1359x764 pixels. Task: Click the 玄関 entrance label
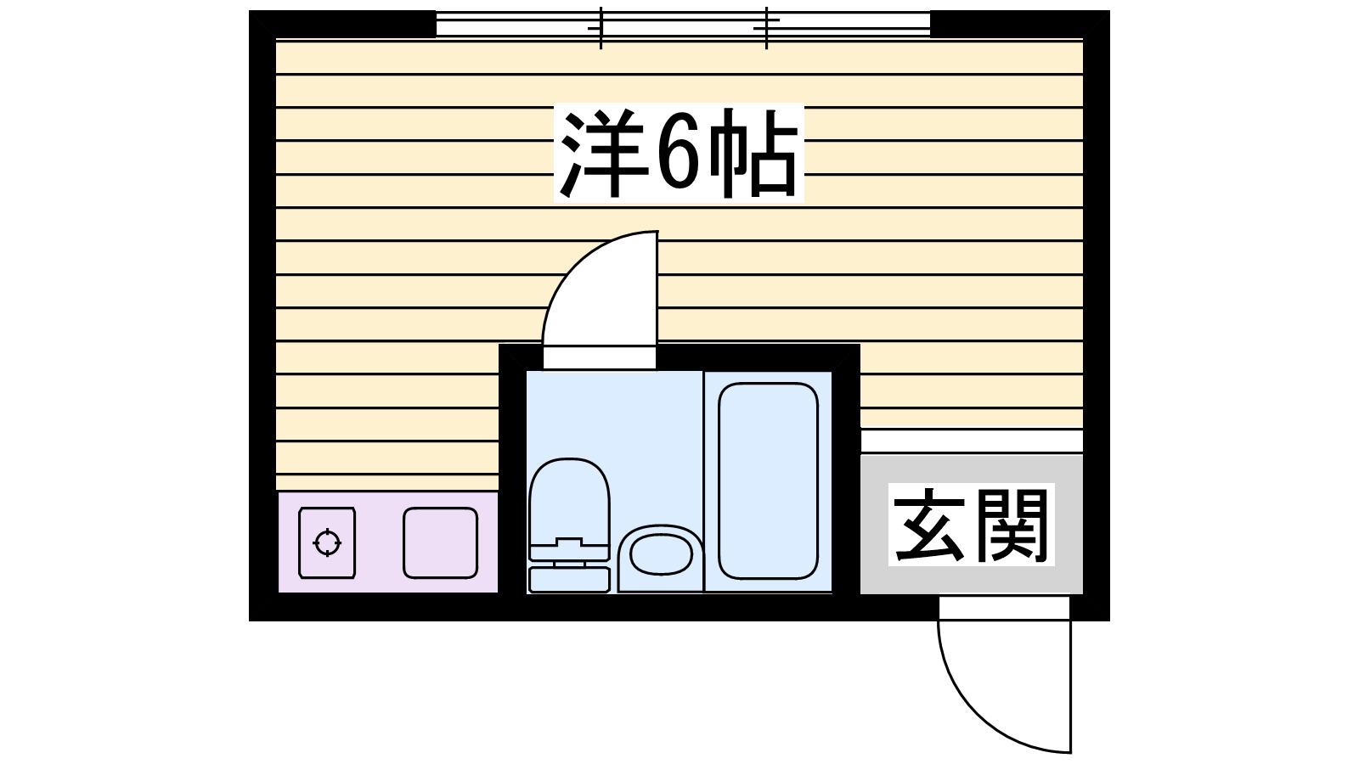pyautogui.click(x=971, y=524)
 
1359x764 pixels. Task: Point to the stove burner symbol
pyautogui.click(x=328, y=542)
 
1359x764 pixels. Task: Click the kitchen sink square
pyautogui.click(x=440, y=542)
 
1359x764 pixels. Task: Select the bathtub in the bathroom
pyautogui.click(x=768, y=480)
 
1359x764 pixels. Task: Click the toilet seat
pyautogui.click(x=569, y=501)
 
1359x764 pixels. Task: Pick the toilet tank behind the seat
pyautogui.click(x=569, y=579)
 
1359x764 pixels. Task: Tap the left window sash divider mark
pyautogui.click(x=601, y=27)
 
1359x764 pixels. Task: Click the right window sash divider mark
pyautogui.click(x=766, y=27)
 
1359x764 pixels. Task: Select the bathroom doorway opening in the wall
pyautogui.click(x=600, y=357)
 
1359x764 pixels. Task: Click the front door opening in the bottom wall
pyautogui.click(x=1004, y=607)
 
